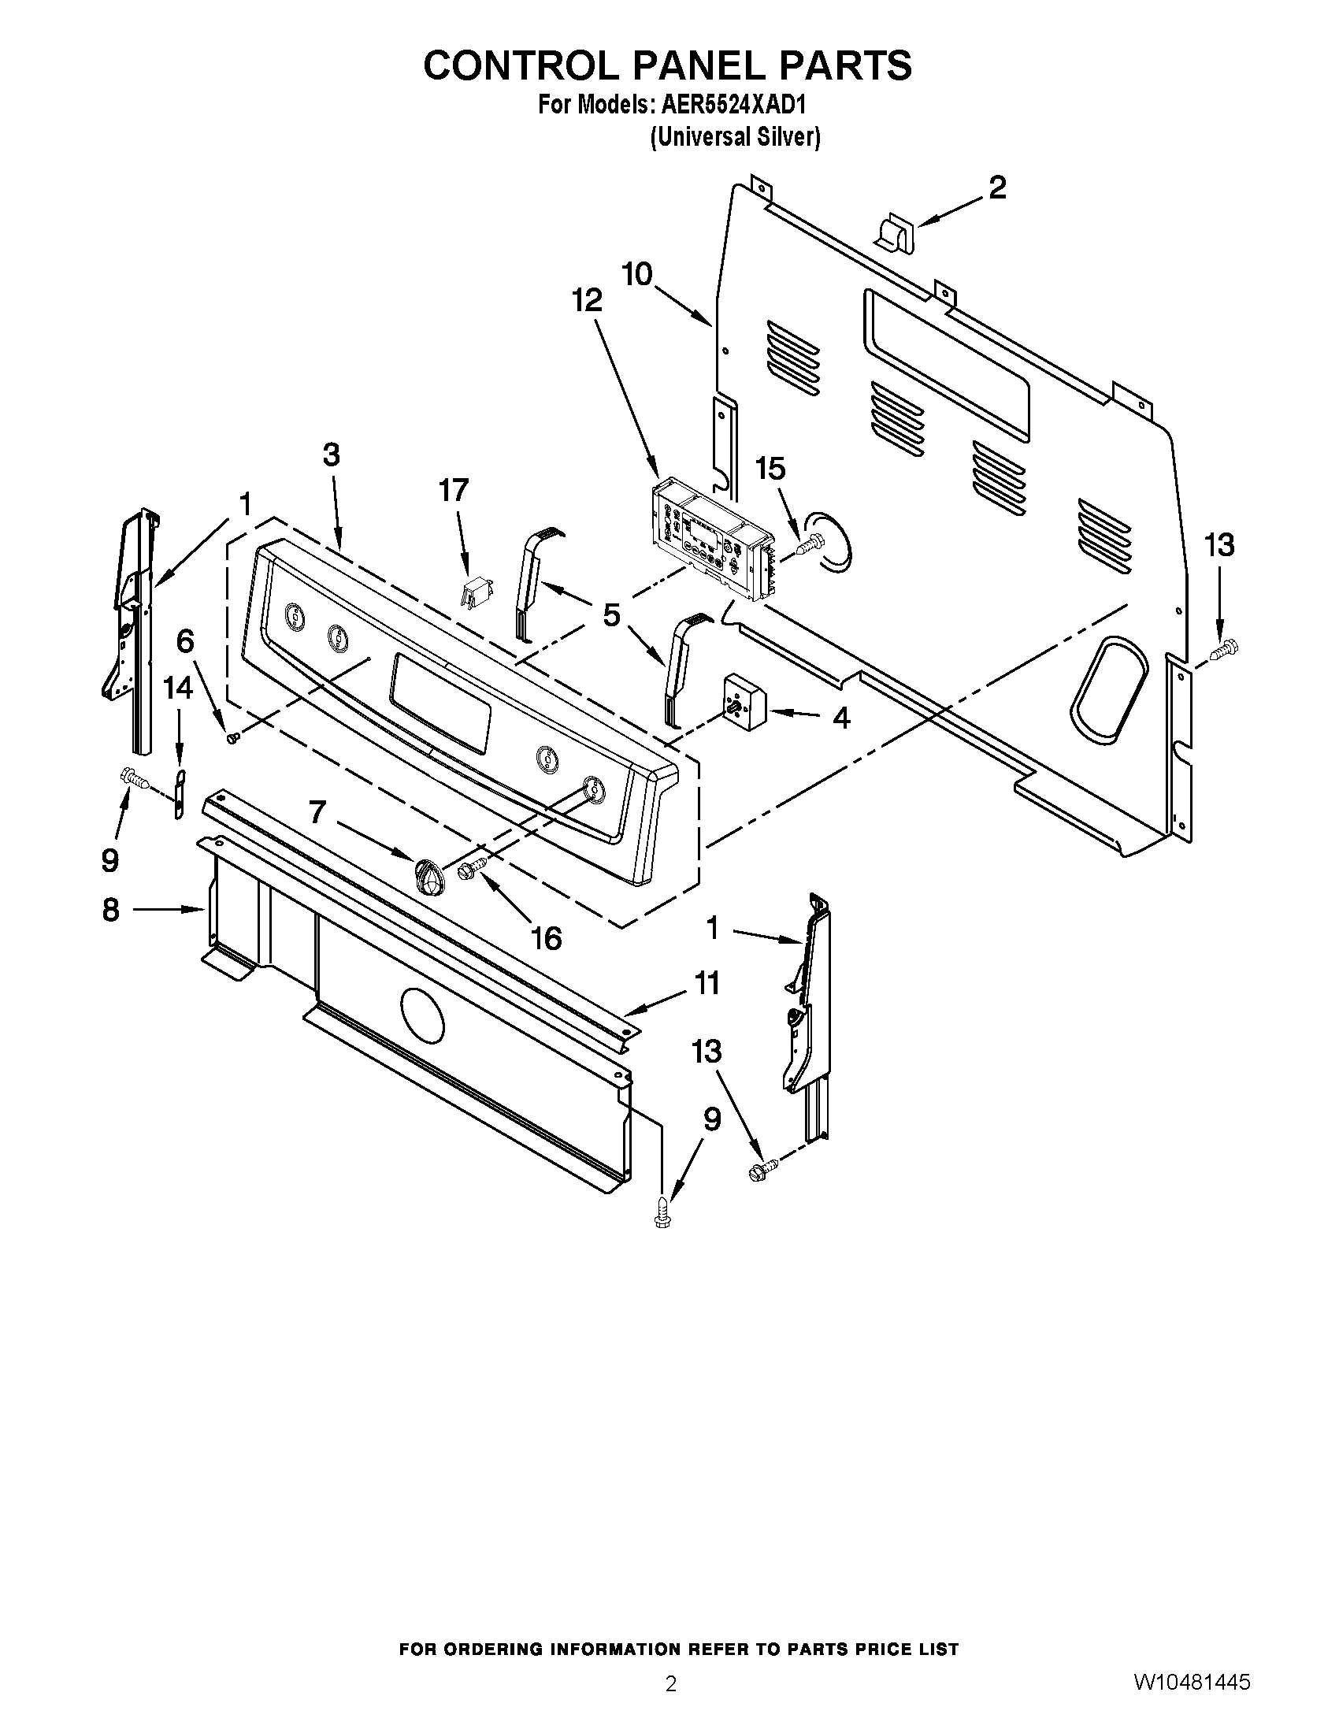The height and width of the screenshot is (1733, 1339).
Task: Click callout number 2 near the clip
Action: tap(997, 188)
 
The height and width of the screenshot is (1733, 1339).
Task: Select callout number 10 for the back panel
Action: tap(637, 275)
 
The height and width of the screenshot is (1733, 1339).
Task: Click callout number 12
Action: tap(587, 300)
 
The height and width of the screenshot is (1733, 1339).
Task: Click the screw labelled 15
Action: tap(806, 548)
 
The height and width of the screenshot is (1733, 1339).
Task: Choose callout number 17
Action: tap(454, 491)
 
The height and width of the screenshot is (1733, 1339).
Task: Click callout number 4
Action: tap(841, 718)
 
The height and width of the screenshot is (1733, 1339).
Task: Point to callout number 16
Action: tap(546, 939)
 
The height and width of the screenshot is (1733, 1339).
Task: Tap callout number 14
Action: tap(178, 687)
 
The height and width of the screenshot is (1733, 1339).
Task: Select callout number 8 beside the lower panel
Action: tap(110, 910)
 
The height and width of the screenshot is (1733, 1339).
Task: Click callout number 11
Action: tap(707, 983)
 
